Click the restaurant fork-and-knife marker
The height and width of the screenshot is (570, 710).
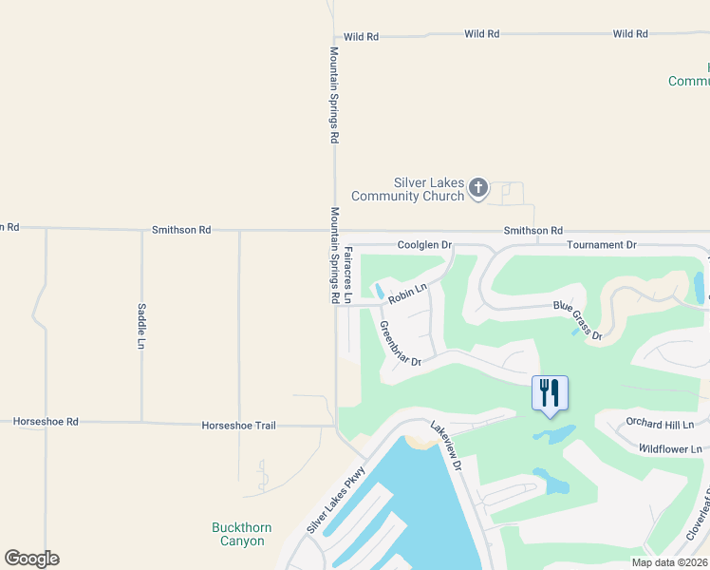(x=550, y=393)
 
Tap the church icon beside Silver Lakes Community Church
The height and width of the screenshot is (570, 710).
(x=478, y=189)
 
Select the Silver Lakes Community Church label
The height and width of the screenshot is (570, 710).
(x=408, y=189)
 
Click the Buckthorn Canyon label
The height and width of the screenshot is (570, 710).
(x=237, y=534)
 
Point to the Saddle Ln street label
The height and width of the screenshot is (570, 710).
(x=141, y=324)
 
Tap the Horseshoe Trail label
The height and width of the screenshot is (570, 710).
(x=238, y=426)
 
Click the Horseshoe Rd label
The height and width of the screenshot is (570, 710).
(x=46, y=421)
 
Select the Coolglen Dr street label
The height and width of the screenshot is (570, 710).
(x=423, y=245)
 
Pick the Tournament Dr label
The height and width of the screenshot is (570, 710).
(x=601, y=245)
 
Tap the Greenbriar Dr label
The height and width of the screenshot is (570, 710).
(x=400, y=345)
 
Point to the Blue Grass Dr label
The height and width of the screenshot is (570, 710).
(x=578, y=319)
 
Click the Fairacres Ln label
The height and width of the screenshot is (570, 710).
(x=347, y=275)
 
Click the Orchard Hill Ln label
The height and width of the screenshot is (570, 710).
(x=661, y=425)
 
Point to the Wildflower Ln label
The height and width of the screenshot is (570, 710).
(x=669, y=448)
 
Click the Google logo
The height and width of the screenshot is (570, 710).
(x=32, y=559)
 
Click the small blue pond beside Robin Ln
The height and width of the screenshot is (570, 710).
(x=380, y=290)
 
